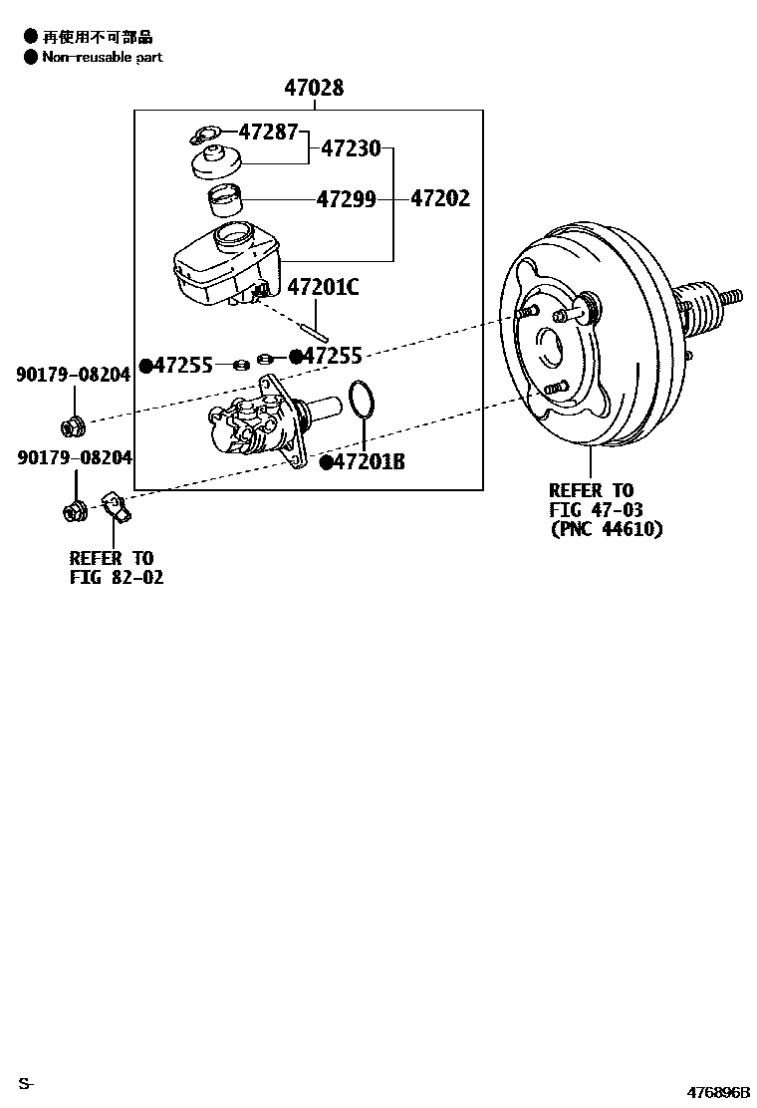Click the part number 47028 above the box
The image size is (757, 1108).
click(x=314, y=89)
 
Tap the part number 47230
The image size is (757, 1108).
click(x=351, y=149)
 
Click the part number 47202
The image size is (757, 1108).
click(x=439, y=199)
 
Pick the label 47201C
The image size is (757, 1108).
click(x=323, y=288)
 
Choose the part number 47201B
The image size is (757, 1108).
click(x=368, y=462)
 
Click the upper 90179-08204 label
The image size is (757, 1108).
click(x=73, y=375)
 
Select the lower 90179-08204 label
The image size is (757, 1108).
click(x=73, y=457)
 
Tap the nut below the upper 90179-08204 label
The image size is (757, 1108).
click(x=73, y=427)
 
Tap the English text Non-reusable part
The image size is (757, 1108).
click(x=102, y=57)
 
